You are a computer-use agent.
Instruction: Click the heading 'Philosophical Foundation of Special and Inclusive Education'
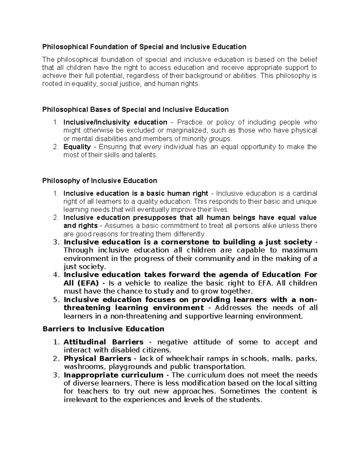[144, 47]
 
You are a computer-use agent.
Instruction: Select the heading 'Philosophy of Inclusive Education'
[100, 181]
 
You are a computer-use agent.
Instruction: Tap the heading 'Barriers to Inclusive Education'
[103, 329]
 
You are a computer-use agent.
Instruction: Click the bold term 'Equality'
[77, 147]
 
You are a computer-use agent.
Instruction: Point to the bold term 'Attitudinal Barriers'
[103, 342]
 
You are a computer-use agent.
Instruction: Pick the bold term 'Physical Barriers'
[97, 359]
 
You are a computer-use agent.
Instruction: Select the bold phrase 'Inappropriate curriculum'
[113, 375]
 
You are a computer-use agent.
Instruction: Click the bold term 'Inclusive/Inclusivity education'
[115, 122]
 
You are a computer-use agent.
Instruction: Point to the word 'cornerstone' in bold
[185, 242]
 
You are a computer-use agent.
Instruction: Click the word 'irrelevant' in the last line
[79, 400]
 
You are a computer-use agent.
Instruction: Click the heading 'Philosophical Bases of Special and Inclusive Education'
[135, 110]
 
